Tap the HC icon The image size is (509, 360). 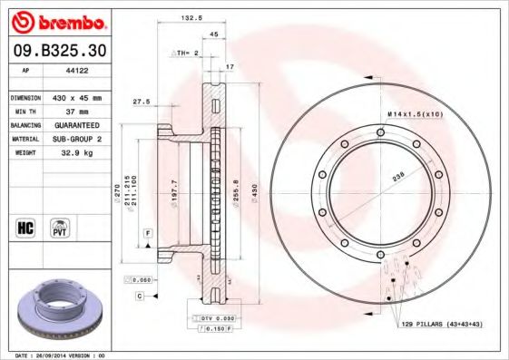(26, 227)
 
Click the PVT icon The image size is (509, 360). (60, 227)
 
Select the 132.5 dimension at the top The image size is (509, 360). (191, 17)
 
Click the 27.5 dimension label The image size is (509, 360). (141, 102)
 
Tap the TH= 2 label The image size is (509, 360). (186, 54)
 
